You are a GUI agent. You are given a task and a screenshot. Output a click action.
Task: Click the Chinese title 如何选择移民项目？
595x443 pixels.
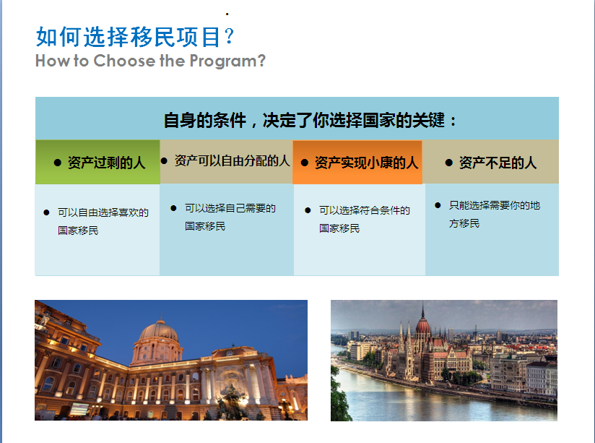[x=135, y=37]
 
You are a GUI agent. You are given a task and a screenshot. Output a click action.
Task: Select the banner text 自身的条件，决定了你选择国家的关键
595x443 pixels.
[x=304, y=121]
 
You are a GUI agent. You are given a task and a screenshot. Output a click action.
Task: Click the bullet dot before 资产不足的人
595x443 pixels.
[x=449, y=163]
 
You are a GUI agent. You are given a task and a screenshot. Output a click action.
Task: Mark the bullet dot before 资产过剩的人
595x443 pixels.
[x=58, y=163]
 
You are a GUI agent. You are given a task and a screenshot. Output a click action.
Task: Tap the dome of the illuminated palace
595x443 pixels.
[x=159, y=330]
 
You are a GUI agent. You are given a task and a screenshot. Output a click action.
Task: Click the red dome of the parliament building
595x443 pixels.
[x=422, y=325]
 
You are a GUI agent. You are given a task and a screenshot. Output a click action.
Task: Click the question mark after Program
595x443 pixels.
[x=261, y=61]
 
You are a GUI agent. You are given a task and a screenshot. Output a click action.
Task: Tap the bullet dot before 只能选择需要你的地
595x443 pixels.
[x=438, y=205]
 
